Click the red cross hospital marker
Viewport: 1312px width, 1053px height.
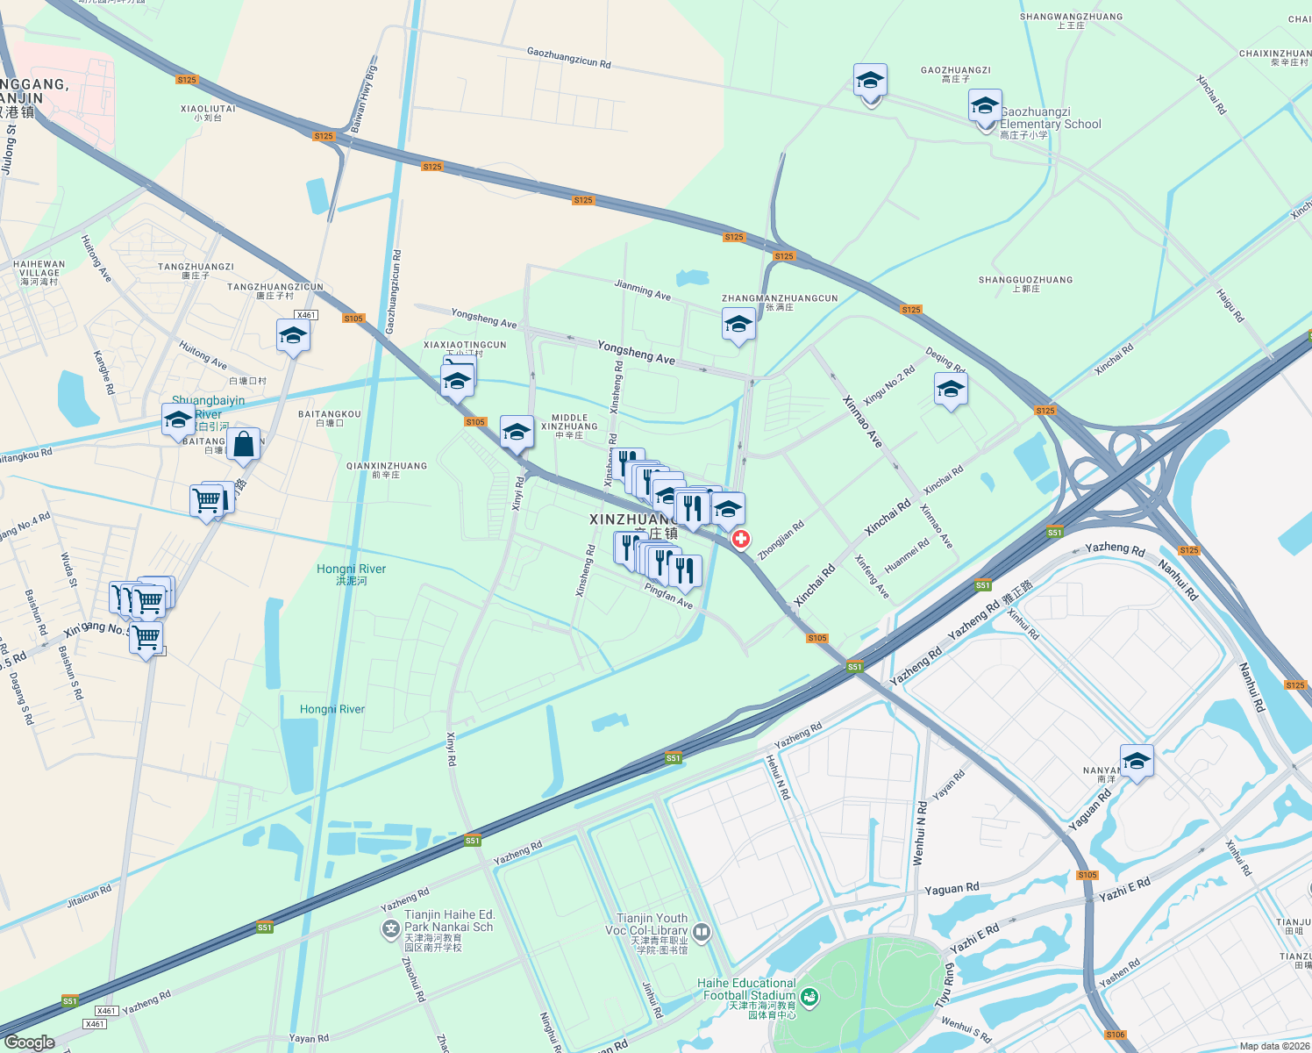tap(741, 539)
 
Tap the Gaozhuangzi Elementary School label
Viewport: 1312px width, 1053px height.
tap(1050, 118)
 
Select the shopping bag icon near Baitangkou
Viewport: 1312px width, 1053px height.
tap(244, 444)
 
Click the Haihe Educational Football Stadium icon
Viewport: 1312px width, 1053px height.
tap(809, 997)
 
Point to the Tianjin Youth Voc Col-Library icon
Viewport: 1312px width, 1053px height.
tap(701, 931)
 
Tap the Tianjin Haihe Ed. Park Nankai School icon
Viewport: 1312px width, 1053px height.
tap(390, 928)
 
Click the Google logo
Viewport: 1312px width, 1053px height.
tap(30, 1042)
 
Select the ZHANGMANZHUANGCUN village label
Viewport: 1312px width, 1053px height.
tap(780, 298)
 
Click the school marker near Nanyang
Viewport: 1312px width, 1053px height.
tap(1137, 760)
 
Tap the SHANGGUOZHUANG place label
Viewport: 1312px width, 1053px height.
tap(1025, 280)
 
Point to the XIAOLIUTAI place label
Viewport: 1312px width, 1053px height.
tap(208, 109)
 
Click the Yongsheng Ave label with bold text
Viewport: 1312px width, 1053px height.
tap(636, 352)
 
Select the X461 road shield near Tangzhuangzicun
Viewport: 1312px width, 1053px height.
tap(305, 315)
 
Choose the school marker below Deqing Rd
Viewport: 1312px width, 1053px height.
tap(951, 389)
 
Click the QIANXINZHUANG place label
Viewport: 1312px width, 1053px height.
tap(387, 466)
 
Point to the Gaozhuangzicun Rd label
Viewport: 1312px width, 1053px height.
tap(568, 58)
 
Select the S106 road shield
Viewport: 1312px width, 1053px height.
tap(1115, 1035)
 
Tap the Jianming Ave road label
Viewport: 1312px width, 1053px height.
tap(642, 290)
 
